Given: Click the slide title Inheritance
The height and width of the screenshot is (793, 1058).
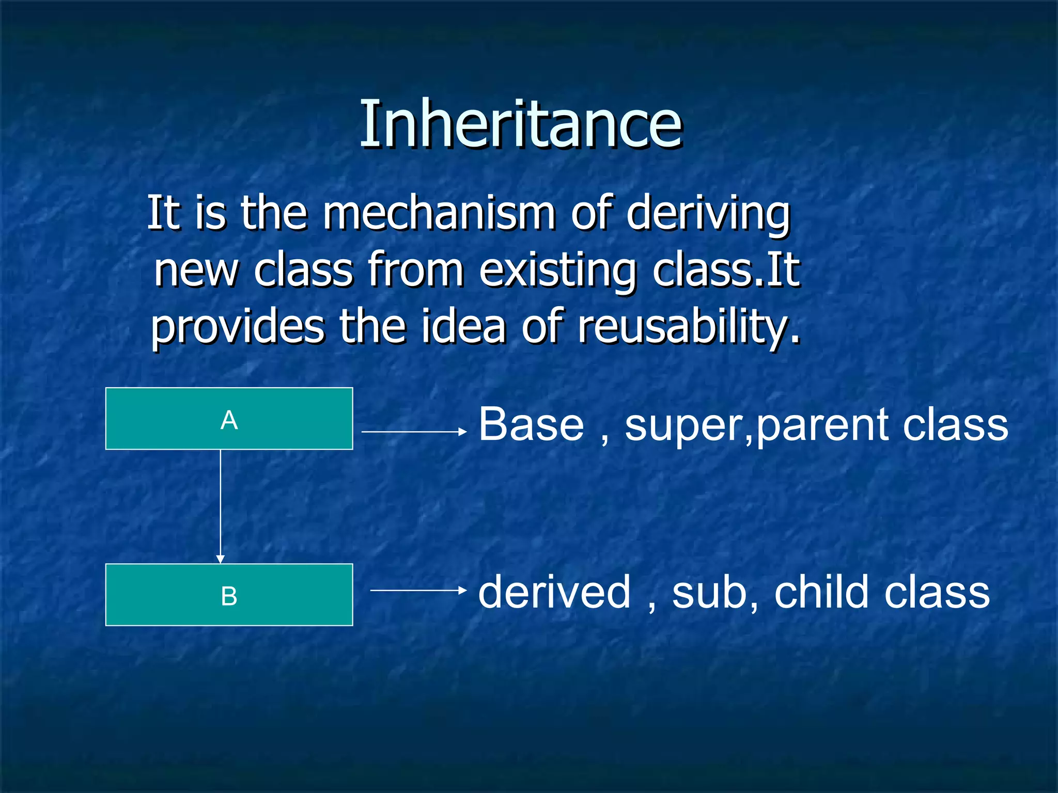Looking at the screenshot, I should pyautogui.click(x=521, y=124).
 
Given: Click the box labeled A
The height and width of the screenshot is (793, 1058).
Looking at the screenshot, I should pyautogui.click(x=229, y=419).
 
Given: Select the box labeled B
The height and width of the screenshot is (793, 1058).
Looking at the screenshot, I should pyautogui.click(x=229, y=595).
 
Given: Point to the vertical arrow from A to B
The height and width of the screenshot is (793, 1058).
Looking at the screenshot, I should pyautogui.click(x=221, y=506).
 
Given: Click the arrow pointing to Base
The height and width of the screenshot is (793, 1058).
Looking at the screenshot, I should pyautogui.click(x=413, y=431).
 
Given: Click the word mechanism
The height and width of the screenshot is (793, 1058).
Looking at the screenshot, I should pyautogui.click(x=439, y=213).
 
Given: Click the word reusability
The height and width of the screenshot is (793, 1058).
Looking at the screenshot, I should pyautogui.click(x=689, y=327).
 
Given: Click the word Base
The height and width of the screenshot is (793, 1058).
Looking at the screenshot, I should pyautogui.click(x=531, y=424).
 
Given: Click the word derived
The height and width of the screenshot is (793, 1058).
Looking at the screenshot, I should pyautogui.click(x=554, y=592).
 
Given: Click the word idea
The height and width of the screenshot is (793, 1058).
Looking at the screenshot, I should pyautogui.click(x=463, y=326).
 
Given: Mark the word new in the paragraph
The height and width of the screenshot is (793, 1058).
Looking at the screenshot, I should pyautogui.click(x=196, y=271).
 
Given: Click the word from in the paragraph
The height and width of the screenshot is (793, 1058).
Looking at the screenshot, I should pyautogui.click(x=415, y=270).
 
